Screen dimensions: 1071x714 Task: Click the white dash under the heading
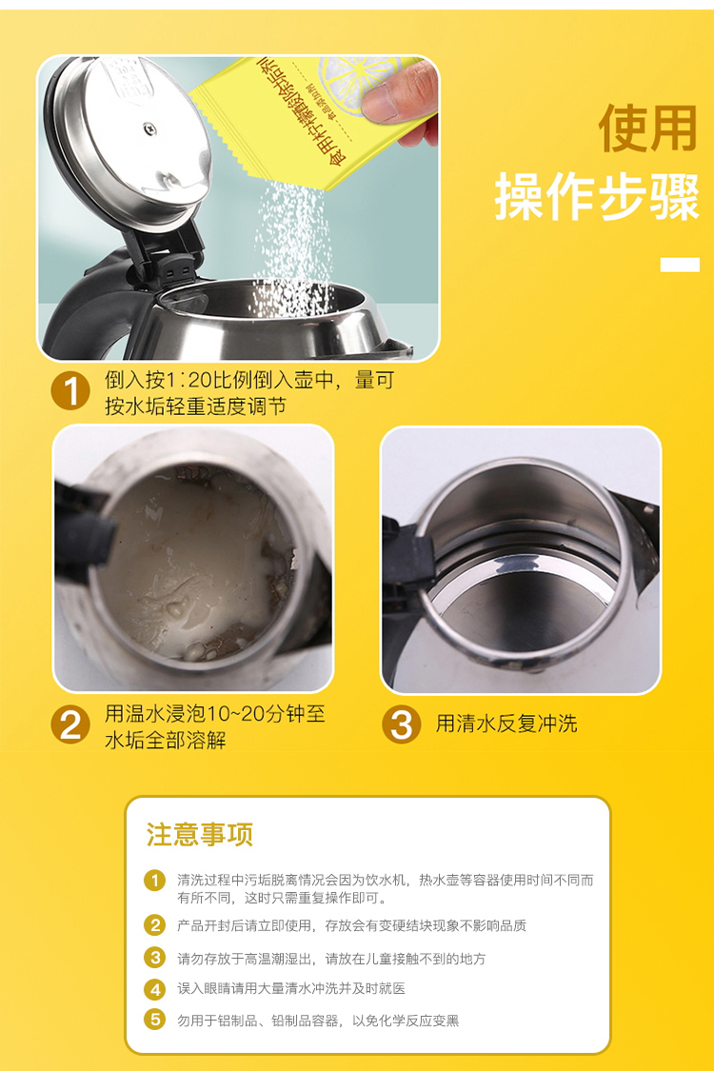pos(680,265)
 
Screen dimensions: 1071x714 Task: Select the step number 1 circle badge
pos(70,391)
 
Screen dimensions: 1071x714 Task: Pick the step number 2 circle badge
pos(70,725)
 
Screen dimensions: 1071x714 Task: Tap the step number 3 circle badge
pos(401,725)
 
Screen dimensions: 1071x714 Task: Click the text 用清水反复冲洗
pos(506,724)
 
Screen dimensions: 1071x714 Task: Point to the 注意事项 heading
pos(200,835)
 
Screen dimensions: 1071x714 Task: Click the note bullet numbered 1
pos(155,880)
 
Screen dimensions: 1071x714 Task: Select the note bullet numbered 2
pos(155,924)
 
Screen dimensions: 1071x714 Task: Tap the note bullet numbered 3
pos(155,958)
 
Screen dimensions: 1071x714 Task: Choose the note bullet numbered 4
pos(155,989)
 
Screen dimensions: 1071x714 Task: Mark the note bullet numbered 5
pos(155,1020)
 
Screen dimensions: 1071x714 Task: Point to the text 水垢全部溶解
pos(166,740)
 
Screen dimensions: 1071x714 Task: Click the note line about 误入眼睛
pos(291,989)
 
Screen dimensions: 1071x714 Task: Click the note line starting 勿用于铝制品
pos(318,1020)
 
